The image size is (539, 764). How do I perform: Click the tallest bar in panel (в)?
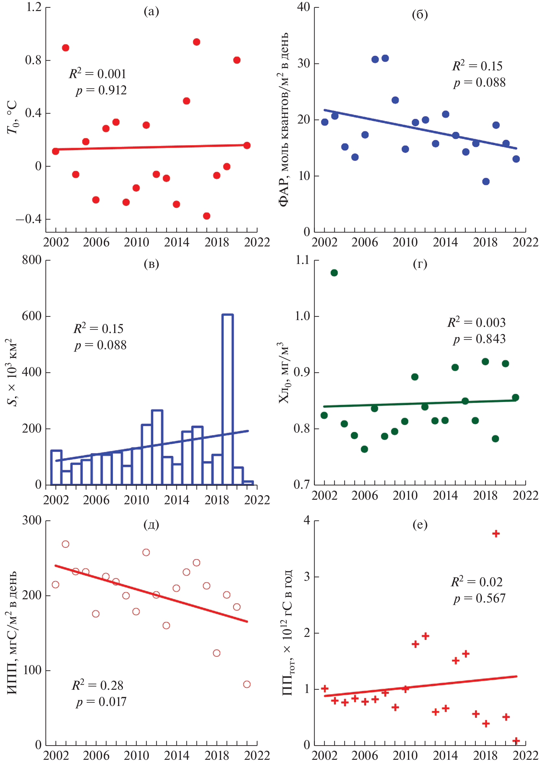[228, 399]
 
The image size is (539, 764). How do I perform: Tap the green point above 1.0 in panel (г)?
[334, 273]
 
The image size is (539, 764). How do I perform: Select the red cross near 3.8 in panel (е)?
[496, 534]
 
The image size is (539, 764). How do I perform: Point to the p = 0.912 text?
[101, 90]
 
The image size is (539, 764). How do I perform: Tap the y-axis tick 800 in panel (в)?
[31, 260]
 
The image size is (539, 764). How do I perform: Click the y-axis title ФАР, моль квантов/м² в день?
[283, 120]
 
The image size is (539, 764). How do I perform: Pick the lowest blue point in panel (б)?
[486, 181]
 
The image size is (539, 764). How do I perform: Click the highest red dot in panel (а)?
[196, 42]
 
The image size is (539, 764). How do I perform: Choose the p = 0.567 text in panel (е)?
[479, 598]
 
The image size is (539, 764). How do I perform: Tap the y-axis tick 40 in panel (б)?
[304, 7]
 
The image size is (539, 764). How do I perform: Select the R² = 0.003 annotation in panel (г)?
[476, 322]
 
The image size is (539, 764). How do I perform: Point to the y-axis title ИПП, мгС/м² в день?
[12, 632]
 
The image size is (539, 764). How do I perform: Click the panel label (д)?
[151, 525]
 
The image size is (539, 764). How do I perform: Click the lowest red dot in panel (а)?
[206, 216]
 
